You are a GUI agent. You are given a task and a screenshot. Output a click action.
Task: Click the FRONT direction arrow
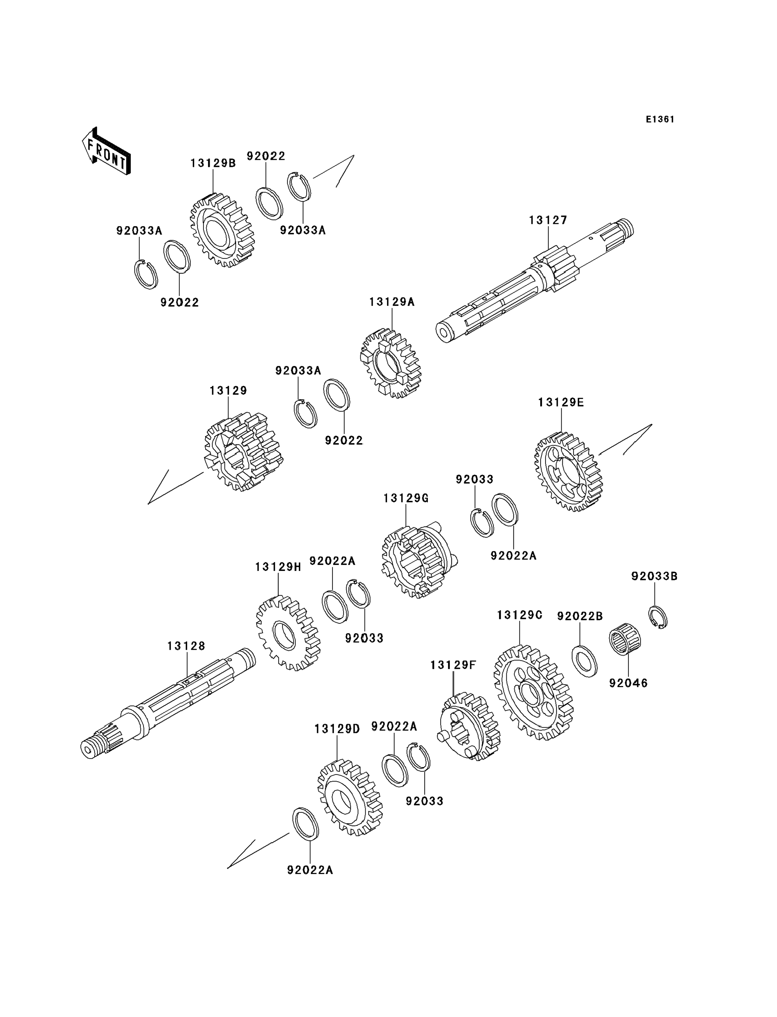tap(106, 151)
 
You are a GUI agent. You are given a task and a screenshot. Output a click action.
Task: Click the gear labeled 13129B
tap(222, 230)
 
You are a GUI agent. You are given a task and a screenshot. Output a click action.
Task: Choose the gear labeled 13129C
tap(533, 692)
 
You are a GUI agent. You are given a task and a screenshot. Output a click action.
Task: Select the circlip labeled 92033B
tap(657, 617)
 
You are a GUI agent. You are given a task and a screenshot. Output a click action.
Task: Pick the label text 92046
tap(628, 683)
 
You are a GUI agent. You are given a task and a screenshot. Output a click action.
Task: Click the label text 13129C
tap(519, 615)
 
